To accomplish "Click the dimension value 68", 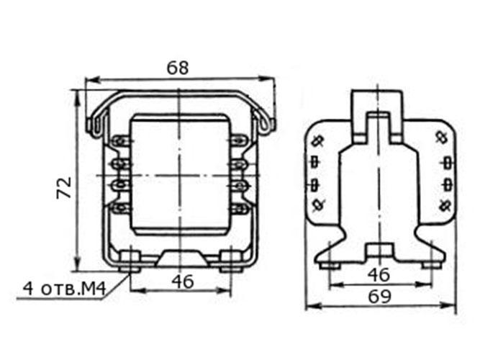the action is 178,68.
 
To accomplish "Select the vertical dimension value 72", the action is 64,188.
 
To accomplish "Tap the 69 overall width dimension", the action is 379,296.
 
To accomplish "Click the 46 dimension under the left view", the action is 183,282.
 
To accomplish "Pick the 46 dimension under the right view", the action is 379,274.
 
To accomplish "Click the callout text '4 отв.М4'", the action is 65,289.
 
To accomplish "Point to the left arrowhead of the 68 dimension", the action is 93,81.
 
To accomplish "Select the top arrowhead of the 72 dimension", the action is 78,97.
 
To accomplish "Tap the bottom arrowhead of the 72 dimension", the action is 78,264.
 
